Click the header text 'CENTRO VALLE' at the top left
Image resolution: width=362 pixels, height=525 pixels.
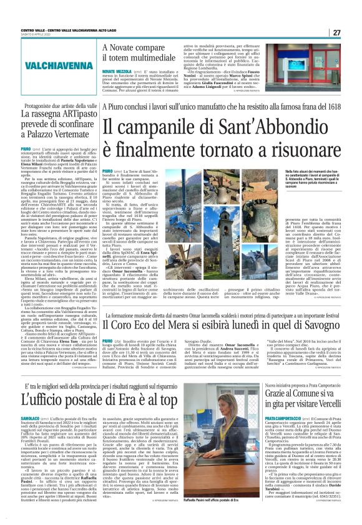coord(31,30)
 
